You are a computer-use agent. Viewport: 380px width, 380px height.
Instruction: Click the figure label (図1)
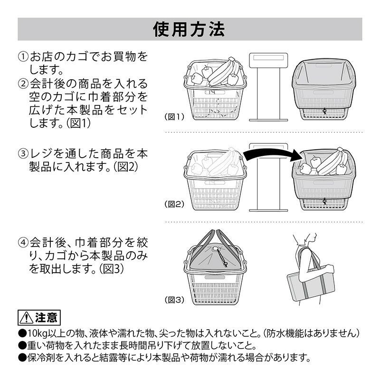click(x=174, y=116)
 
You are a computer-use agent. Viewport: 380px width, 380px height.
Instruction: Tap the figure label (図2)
click(x=174, y=205)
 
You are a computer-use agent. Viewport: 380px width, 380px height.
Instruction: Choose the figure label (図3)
click(x=174, y=300)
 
